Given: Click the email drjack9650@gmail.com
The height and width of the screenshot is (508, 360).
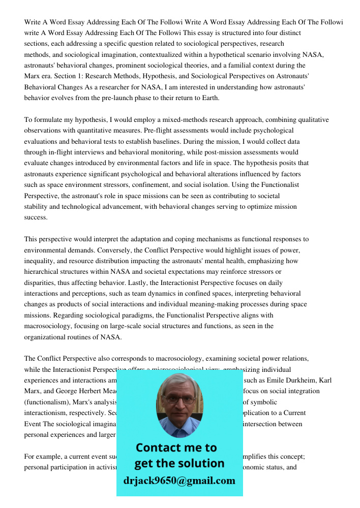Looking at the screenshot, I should (179, 481).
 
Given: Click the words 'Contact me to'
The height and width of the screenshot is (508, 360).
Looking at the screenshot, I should (176, 448).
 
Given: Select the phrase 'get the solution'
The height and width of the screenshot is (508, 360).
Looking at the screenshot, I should (179, 463).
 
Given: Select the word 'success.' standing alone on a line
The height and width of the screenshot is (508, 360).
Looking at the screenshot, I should (36, 217).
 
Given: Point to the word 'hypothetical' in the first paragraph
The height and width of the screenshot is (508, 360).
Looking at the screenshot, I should (230, 54).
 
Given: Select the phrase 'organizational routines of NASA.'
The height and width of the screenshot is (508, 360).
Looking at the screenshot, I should (73, 337).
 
